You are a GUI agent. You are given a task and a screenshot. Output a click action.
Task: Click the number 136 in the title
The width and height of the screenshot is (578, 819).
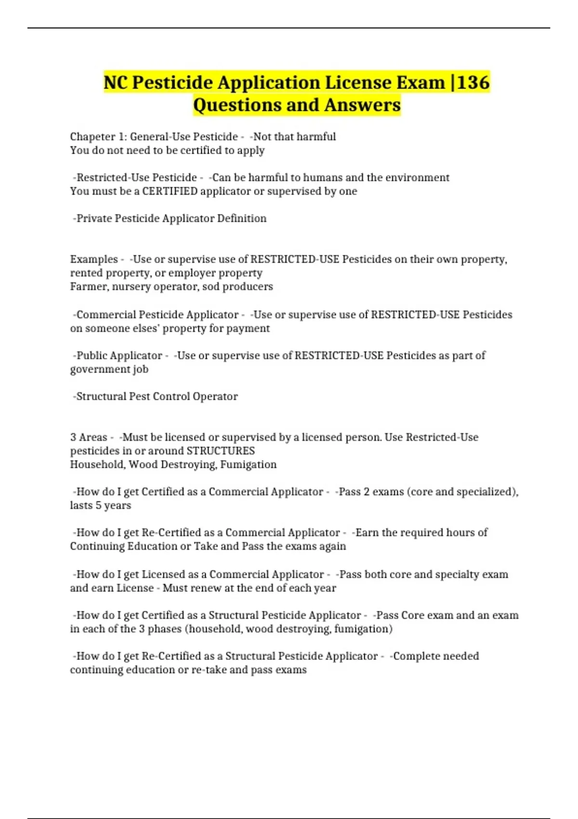[473, 82]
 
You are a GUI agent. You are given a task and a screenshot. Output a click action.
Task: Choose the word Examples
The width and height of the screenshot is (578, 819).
[94, 259]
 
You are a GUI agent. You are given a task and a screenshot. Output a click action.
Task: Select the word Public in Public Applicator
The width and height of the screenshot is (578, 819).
[92, 356]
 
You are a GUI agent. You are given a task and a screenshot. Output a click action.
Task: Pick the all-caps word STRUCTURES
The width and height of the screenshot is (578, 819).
[221, 451]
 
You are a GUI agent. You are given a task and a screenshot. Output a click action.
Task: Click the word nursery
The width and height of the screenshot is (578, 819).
[129, 287]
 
